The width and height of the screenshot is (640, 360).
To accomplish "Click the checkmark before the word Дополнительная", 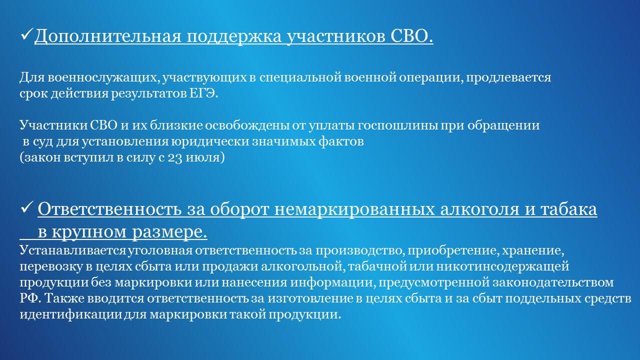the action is click(x=27, y=34).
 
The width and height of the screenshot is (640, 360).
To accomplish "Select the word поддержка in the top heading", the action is click(x=234, y=37).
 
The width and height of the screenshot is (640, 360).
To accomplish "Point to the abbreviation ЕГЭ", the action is click(x=203, y=93).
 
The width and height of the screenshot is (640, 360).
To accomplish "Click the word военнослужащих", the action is click(x=103, y=77).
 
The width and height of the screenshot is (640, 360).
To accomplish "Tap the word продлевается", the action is click(x=508, y=78).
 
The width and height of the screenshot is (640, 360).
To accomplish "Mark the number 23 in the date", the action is click(x=175, y=158).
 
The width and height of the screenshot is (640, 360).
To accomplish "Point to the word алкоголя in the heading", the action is click(x=479, y=209).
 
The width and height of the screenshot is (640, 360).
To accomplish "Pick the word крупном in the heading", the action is click(x=89, y=232).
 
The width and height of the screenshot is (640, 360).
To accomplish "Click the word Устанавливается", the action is click(x=72, y=250).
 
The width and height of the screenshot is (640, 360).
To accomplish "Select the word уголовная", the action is click(x=160, y=251).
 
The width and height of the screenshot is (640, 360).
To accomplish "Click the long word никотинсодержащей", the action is click(x=502, y=267).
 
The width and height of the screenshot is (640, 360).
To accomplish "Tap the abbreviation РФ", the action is click(x=31, y=298).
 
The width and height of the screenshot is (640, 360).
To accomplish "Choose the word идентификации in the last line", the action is click(x=71, y=315).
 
